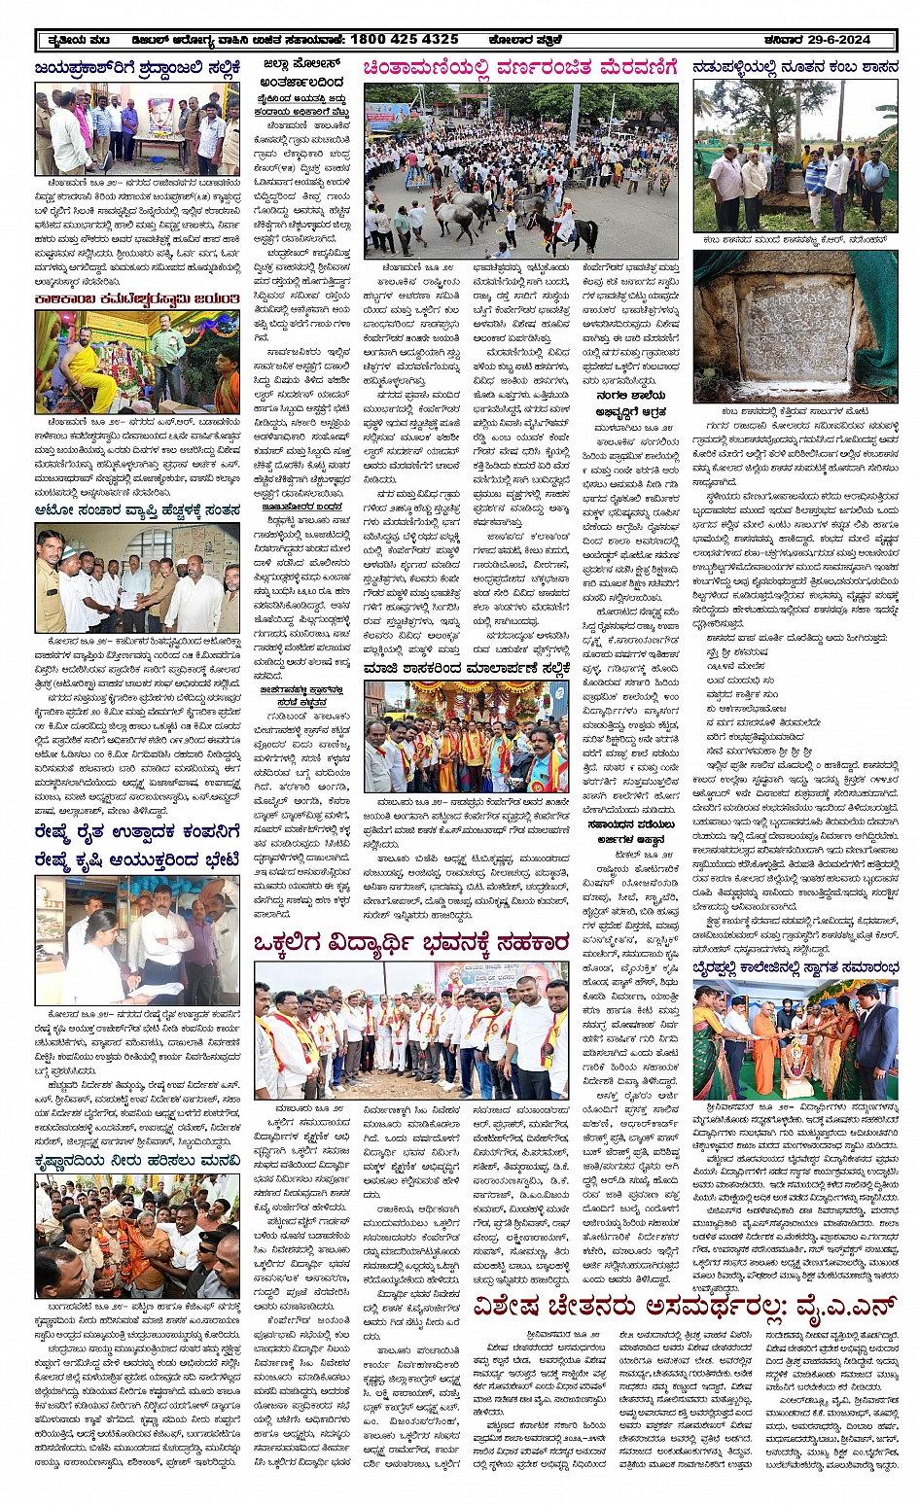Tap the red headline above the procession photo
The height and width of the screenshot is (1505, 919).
[519, 68]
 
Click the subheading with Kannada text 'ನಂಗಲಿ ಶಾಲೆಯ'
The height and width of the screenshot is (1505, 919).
[631, 397]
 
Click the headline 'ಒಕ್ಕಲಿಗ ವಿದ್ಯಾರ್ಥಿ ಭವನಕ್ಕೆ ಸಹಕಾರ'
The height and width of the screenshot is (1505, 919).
[410, 942]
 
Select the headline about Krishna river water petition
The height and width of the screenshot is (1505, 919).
[136, 1161]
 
